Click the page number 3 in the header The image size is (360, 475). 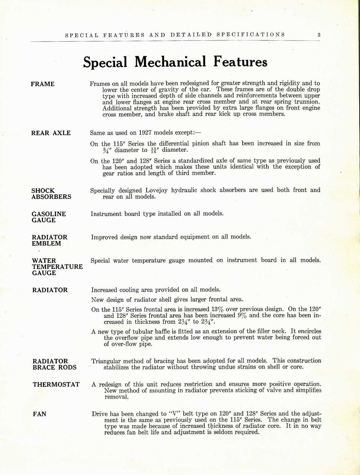(319, 34)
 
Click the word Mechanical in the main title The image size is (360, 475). (170, 62)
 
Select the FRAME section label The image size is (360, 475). (43, 84)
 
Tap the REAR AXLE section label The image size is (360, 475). (51, 133)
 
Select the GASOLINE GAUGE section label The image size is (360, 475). (49, 217)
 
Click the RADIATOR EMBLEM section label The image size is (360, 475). (50, 240)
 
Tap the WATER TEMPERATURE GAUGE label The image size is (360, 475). (57, 267)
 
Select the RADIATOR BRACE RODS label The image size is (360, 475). (55, 364)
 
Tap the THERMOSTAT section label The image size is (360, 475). (56, 384)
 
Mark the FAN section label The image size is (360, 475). (39, 414)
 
